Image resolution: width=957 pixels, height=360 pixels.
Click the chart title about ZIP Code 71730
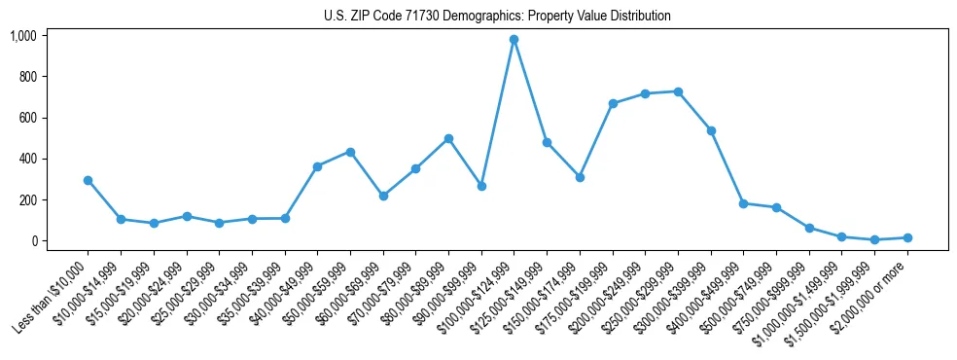[497, 16]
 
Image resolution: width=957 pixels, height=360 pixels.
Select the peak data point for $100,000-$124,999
[514, 40]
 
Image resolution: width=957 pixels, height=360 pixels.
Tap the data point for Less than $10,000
[88, 180]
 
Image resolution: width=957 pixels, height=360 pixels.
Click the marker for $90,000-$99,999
[481, 186]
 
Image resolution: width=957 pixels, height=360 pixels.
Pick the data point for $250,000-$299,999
[678, 91]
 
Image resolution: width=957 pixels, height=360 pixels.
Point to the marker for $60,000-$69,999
[383, 196]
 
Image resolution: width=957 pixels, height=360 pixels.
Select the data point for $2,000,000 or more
[907, 237]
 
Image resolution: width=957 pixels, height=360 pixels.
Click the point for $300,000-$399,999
[711, 130]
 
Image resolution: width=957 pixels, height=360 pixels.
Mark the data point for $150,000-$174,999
[580, 177]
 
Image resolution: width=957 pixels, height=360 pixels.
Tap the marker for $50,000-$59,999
[350, 152]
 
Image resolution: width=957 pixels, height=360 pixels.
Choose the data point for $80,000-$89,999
[448, 138]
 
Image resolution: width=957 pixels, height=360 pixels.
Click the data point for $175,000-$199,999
[613, 103]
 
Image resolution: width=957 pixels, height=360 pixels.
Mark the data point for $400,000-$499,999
[744, 203]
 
